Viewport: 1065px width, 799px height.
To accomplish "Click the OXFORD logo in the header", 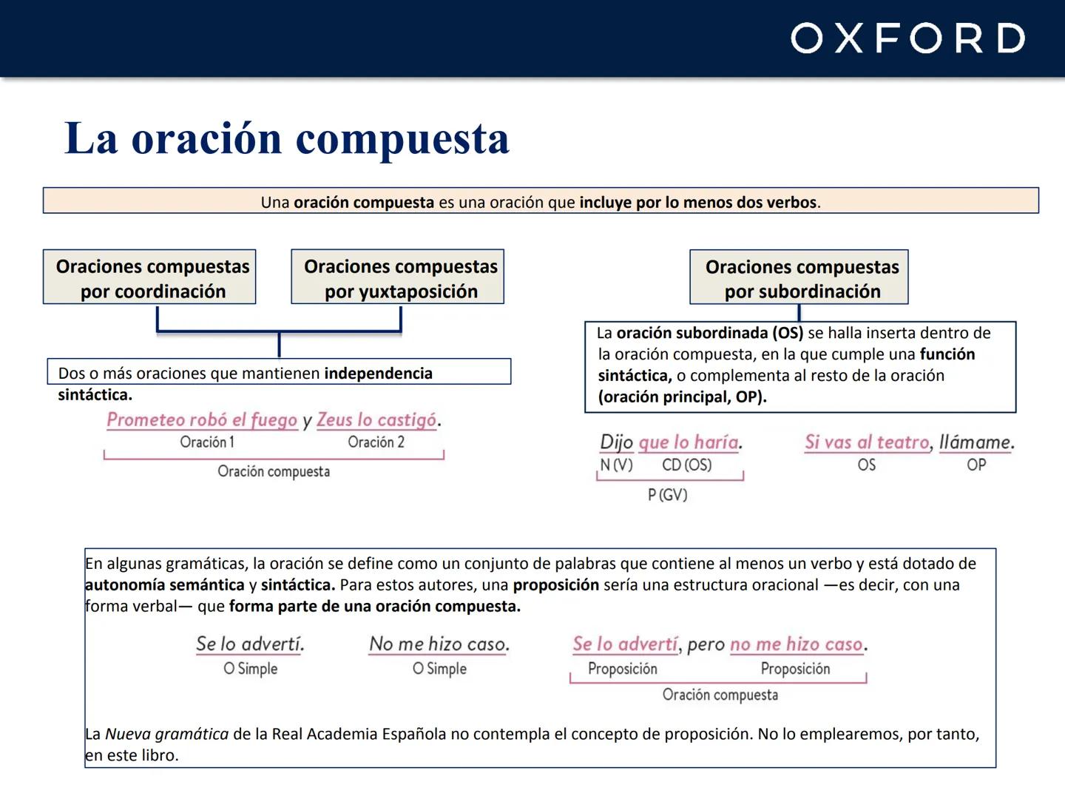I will (907, 38).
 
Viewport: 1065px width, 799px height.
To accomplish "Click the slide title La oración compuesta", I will (287, 138).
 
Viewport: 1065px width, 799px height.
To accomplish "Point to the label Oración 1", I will (207, 442).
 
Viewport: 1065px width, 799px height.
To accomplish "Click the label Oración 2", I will (376, 442).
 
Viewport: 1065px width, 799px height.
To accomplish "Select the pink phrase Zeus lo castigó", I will (376, 420).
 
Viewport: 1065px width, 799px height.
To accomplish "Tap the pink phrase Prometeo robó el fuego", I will (202, 420).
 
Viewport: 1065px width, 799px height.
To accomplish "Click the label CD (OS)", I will (686, 465).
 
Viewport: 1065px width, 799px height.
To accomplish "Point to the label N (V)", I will (617, 465).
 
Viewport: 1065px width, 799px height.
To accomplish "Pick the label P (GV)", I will (668, 495).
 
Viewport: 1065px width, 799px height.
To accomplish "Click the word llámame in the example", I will (976, 442).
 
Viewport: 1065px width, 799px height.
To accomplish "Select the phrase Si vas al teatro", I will (867, 442).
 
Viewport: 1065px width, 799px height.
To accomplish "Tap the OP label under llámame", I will (976, 465).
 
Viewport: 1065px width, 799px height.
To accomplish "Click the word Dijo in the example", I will (616, 442).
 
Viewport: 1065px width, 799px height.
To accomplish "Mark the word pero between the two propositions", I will (706, 645).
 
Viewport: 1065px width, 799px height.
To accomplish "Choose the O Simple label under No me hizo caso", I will (439, 669).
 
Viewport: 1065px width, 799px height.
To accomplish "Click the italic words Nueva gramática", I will (166, 735).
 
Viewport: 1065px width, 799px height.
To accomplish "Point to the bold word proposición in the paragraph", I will (555, 585).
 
